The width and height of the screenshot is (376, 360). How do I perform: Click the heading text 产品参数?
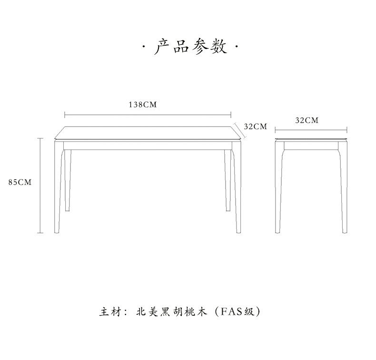[190, 47]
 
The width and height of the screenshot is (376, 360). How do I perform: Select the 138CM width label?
[142, 105]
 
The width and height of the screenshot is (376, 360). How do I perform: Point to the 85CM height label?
[20, 182]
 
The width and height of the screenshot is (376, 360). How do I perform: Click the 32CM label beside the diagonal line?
[256, 127]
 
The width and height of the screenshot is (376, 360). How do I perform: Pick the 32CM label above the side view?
[307, 120]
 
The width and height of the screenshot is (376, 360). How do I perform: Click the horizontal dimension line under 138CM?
[148, 114]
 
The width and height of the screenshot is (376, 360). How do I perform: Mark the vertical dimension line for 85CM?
[40, 186]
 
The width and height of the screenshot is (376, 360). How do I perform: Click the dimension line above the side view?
[311, 129]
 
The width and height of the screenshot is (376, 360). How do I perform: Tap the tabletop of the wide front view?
[148, 133]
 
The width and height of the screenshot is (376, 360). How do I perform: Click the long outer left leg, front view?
[58, 190]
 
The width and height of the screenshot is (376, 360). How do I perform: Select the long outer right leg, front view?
[237, 190]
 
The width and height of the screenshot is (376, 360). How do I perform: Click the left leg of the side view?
[278, 190]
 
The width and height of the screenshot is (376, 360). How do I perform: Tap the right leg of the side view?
[344, 190]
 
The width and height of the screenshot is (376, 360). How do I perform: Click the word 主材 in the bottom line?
[109, 312]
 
